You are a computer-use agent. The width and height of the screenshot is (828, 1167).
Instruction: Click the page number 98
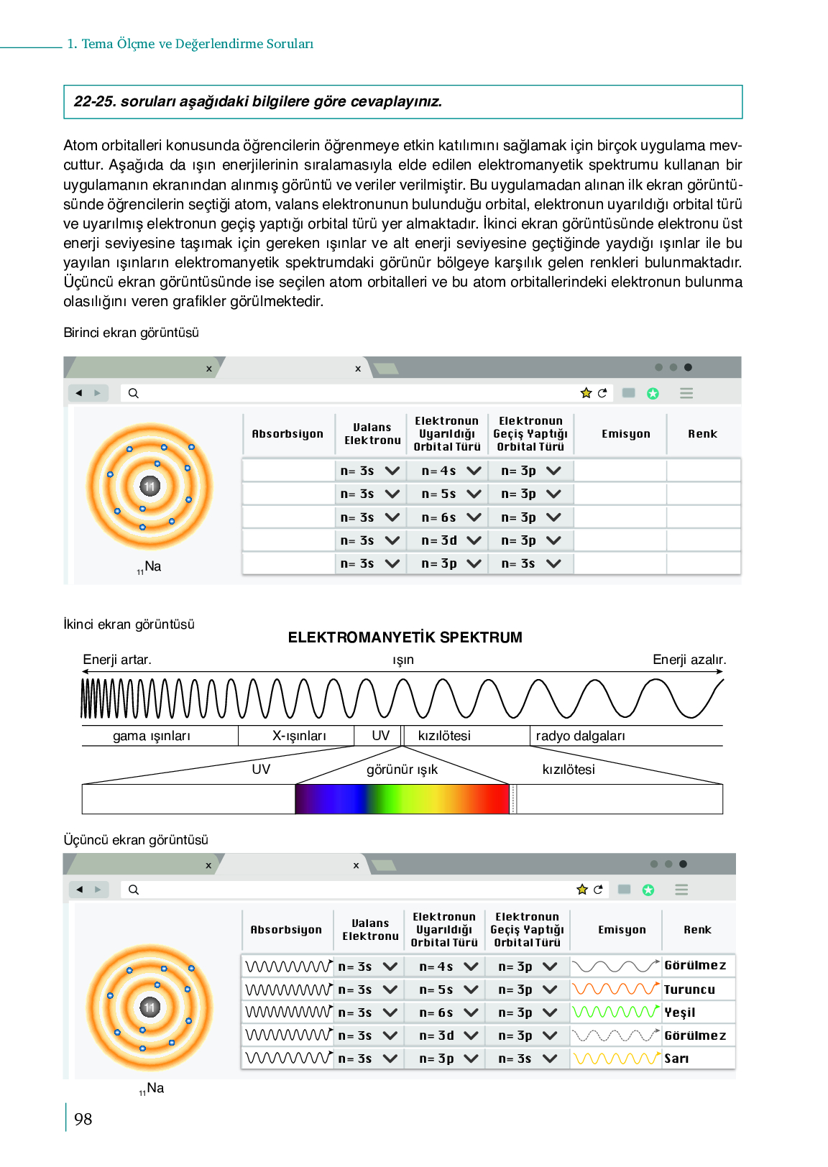(83, 1119)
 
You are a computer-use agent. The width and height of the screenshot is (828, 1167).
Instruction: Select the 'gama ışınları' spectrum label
(152, 736)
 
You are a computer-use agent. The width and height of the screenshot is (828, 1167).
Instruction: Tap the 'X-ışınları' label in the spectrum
(299, 736)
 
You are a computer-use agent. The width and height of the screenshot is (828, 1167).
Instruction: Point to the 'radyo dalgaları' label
(580, 736)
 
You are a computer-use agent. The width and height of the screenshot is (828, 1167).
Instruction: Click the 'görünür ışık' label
(402, 770)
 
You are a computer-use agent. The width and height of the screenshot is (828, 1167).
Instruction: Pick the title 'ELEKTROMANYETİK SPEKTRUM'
(405, 637)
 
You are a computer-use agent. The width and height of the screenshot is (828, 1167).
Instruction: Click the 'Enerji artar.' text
(117, 660)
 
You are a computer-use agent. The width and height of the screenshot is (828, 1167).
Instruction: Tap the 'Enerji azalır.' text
(689, 660)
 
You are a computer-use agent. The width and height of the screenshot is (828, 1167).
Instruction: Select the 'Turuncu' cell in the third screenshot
(689, 990)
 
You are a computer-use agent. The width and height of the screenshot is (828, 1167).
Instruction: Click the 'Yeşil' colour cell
(680, 1013)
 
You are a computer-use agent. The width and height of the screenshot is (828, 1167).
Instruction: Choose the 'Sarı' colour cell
(676, 1058)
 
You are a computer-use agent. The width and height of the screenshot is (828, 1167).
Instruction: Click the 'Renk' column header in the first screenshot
(702, 434)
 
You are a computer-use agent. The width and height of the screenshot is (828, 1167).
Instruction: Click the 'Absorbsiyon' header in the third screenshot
(286, 930)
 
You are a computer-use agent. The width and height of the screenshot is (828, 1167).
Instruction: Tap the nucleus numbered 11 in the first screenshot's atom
(149, 486)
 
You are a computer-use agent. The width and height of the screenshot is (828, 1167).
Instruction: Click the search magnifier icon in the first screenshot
(134, 393)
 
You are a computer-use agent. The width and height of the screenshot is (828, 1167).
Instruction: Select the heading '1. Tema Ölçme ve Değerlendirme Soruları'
(190, 44)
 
